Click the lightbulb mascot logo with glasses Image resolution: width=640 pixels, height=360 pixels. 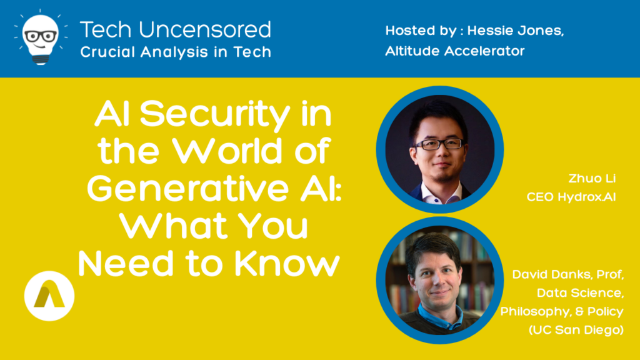tap(41, 37)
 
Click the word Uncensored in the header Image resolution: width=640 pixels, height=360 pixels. tap(205, 30)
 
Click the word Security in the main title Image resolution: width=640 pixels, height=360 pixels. tap(215, 115)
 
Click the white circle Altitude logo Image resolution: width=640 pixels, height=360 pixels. tap(49, 296)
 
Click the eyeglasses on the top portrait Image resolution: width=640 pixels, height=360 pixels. tap(439, 144)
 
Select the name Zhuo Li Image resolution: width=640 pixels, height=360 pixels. tap(592, 178)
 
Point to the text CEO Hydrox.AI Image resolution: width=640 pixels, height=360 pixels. tap(571, 197)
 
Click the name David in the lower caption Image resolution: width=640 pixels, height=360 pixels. tap(530, 274)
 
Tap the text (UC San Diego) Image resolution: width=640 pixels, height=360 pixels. tap(576, 330)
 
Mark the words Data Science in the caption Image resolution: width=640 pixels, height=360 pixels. tap(580, 293)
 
